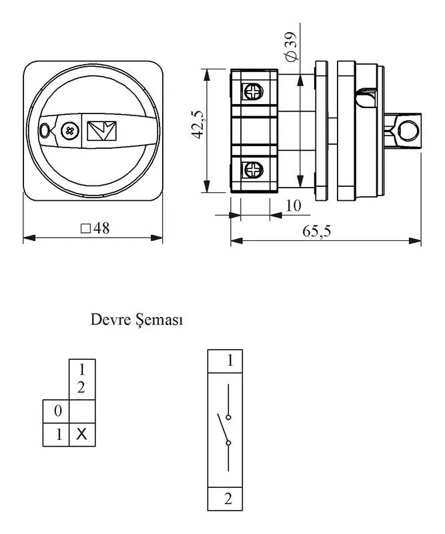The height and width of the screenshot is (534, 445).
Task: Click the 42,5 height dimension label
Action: [x=198, y=125]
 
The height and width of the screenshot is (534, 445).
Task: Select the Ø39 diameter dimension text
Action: [x=291, y=47]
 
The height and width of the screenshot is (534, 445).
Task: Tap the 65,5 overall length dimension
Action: [x=316, y=231]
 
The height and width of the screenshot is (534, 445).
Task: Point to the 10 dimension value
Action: [x=294, y=206]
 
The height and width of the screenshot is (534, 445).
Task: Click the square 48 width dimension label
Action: [x=95, y=228]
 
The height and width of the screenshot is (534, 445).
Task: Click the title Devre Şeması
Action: [x=137, y=320]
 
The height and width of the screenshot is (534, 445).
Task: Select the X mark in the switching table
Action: [x=81, y=435]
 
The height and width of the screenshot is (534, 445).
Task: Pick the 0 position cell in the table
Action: [x=56, y=411]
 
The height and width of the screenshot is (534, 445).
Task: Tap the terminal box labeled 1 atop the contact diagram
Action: [x=225, y=361]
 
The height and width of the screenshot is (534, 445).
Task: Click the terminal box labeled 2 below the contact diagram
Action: [x=225, y=499]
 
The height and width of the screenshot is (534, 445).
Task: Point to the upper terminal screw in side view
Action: [x=254, y=91]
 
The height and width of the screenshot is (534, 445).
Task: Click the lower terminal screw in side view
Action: [x=254, y=170]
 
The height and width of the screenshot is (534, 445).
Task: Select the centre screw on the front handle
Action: [x=70, y=131]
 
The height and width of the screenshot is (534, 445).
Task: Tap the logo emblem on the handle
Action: [x=102, y=131]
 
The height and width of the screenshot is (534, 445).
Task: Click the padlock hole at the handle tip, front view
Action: [x=45, y=130]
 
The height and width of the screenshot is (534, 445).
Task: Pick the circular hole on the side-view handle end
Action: [x=408, y=131]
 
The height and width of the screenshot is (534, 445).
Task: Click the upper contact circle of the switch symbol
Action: [x=228, y=417]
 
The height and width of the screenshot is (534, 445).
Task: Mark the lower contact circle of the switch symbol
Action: [x=228, y=443]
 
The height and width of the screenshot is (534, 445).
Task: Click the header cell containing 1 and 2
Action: [x=82, y=379]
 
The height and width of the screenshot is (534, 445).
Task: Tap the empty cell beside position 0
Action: [x=82, y=411]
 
